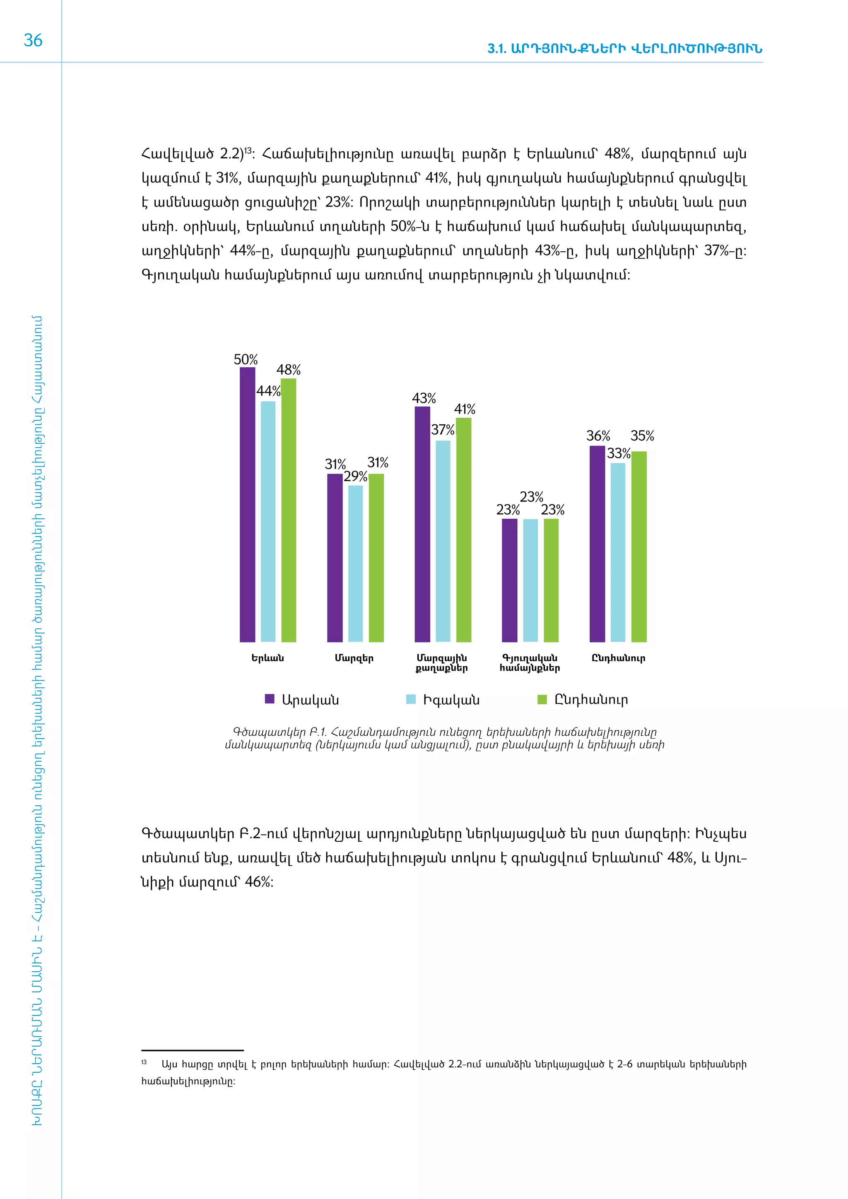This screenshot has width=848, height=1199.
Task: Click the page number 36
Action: coord(33,41)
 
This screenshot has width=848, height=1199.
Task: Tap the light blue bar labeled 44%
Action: coord(268,521)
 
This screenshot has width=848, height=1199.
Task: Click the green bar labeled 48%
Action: coord(289,510)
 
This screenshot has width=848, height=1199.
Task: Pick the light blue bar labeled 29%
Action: coord(355,563)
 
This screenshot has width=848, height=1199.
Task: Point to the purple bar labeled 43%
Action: coord(422,524)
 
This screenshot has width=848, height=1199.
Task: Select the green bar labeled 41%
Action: coord(464,530)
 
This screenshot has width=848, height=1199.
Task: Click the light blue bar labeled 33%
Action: coord(618,552)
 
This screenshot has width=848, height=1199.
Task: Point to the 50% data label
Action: coord(246,360)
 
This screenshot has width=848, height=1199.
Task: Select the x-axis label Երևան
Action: coord(267,658)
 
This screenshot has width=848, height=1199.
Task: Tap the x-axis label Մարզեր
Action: coord(354,658)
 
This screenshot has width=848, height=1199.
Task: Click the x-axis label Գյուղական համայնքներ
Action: coord(530,663)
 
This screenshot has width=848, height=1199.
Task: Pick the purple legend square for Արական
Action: coord(270,699)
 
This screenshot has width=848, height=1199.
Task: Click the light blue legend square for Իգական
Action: coord(411,699)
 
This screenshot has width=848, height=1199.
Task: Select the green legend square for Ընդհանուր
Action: coord(542,699)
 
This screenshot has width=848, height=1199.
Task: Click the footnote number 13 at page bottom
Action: coord(144,1062)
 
